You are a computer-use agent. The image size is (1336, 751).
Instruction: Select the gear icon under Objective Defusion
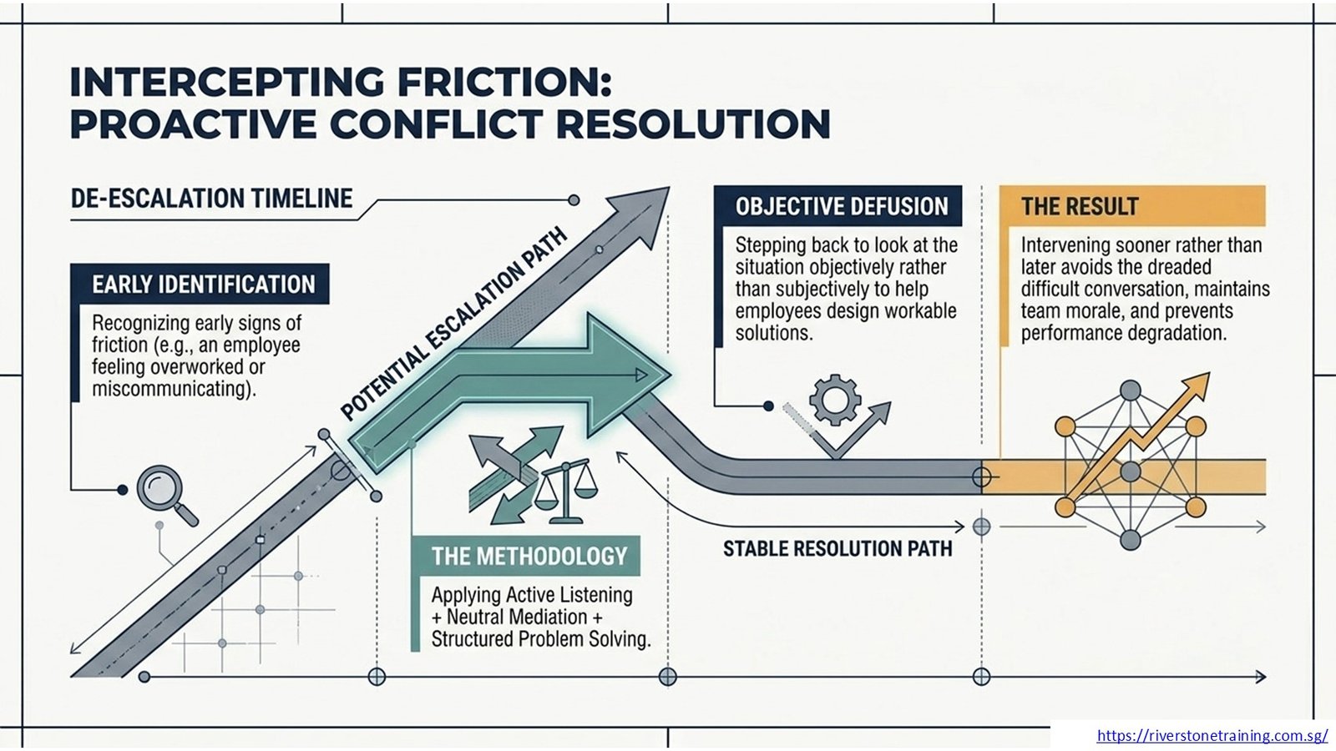(835, 400)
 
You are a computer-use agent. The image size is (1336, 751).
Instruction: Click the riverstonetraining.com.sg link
(1212, 735)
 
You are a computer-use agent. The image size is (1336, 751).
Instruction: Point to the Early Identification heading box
(200, 285)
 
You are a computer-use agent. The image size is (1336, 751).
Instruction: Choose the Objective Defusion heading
(838, 206)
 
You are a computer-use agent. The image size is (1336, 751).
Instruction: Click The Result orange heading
(1132, 206)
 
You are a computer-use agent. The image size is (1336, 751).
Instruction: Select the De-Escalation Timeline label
(212, 199)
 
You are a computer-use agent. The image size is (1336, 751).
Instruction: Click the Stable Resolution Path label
(838, 548)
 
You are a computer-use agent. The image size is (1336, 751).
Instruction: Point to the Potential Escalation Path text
(453, 325)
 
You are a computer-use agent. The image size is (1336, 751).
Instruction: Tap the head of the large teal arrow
(630, 375)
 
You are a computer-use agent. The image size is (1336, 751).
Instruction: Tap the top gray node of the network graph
(1131, 391)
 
